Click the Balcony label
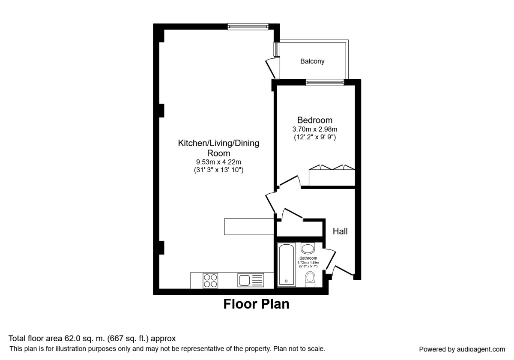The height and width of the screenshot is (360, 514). click(x=312, y=61)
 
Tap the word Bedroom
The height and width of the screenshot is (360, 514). click(x=314, y=120)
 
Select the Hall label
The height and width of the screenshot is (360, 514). click(x=340, y=231)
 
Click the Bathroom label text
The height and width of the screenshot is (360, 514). click(x=308, y=258)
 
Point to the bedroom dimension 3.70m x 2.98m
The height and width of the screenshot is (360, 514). click(x=314, y=129)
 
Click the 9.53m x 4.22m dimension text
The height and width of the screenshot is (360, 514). click(x=218, y=162)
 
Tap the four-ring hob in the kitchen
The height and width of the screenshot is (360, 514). click(x=210, y=281)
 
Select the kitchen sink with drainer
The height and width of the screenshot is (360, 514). click(x=251, y=280)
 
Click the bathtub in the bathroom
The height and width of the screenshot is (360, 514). click(x=287, y=265)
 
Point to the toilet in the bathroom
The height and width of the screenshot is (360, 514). click(x=310, y=279)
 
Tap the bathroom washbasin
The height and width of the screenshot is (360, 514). click(x=308, y=248)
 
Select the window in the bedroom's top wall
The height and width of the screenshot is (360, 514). click(x=325, y=82)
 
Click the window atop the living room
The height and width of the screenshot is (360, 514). click(x=248, y=27)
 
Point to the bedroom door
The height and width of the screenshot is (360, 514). click(x=289, y=180)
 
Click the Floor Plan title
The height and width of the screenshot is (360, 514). click(x=256, y=304)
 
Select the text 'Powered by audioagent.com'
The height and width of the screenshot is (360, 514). click(x=462, y=349)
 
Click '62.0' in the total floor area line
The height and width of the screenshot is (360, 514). click(x=72, y=339)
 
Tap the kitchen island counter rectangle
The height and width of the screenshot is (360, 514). click(x=249, y=227)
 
